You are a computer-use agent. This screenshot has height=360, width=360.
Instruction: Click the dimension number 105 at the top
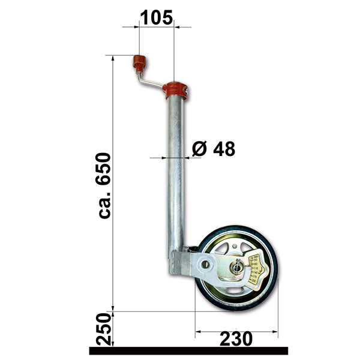coord(156,17)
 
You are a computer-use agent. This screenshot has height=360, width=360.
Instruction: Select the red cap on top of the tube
coord(175,90)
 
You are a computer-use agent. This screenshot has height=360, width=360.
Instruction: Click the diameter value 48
coord(223,148)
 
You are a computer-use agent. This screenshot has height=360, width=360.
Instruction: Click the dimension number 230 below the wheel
coord(236,339)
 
